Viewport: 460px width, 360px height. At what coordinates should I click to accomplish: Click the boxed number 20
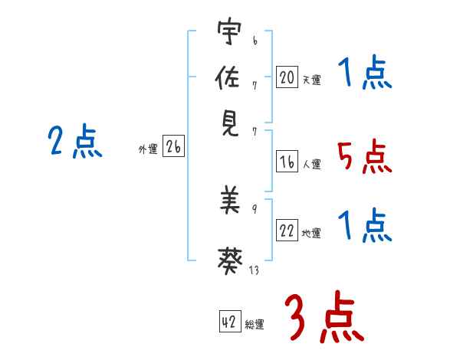287,77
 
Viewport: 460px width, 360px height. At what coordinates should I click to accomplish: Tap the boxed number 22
287,231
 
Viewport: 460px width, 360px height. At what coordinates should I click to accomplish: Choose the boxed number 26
173,147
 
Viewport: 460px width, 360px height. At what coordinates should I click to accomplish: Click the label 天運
311,79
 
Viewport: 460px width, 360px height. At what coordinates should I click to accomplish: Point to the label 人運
311,164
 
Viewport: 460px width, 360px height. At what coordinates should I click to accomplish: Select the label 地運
311,234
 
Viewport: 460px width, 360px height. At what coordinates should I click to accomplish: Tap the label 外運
148,149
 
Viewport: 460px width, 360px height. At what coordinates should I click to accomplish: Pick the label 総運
255,324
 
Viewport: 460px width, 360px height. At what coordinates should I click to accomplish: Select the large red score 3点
322,318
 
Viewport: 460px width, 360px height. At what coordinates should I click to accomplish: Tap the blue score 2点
74,142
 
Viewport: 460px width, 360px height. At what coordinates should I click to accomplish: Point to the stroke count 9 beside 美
254,209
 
